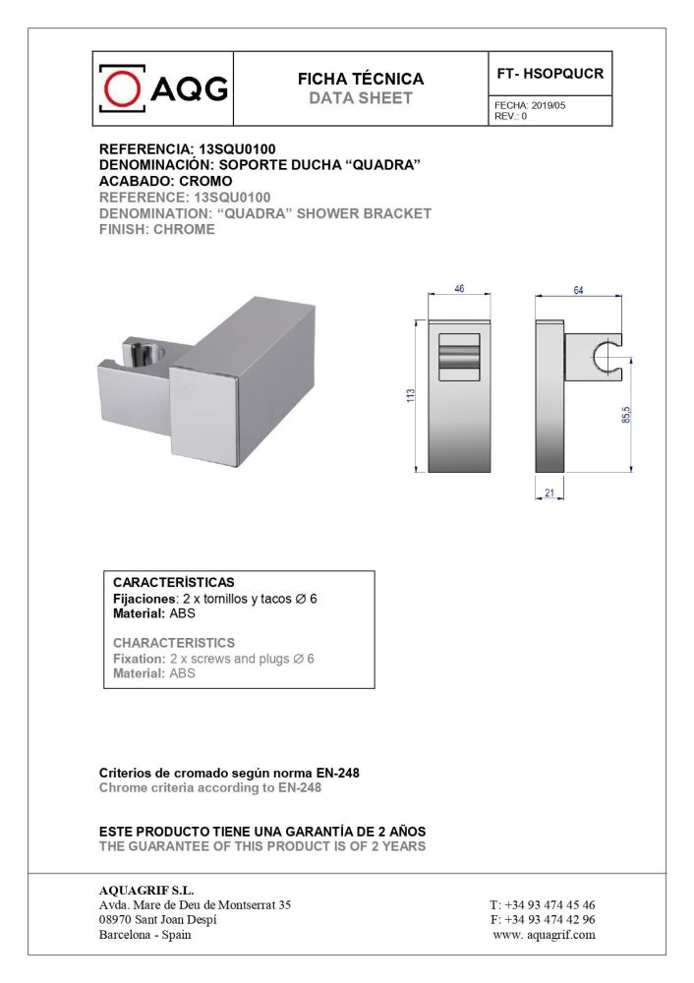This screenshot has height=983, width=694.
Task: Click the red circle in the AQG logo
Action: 122,90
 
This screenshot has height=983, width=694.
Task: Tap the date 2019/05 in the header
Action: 547,105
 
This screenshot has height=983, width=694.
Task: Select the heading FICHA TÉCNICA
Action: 361,79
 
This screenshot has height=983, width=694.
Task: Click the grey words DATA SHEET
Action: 361,98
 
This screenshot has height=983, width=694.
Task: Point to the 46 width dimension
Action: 459,289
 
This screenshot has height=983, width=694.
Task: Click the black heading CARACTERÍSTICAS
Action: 174,582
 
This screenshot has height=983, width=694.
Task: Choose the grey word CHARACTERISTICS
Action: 174,643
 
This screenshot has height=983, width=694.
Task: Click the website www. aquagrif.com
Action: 544,935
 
